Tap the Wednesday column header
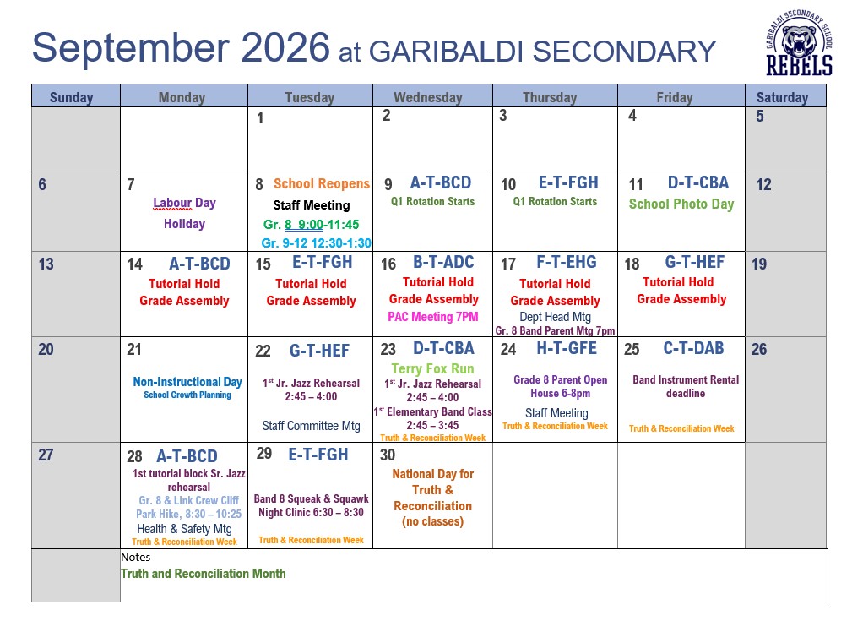428,97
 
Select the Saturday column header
782,97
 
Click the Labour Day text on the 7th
184,203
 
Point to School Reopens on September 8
322,184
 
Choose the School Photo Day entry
681,204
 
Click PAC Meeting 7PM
433,317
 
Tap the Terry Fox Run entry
432,369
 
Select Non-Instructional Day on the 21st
187,382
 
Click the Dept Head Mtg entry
556,317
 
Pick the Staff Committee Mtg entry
311,426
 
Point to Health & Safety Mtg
184,529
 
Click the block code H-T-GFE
567,348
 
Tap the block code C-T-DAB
693,348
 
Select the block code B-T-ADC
443,262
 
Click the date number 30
388,455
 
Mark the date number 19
759,264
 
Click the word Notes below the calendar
135,557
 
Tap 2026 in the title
285,47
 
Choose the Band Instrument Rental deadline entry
686,386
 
